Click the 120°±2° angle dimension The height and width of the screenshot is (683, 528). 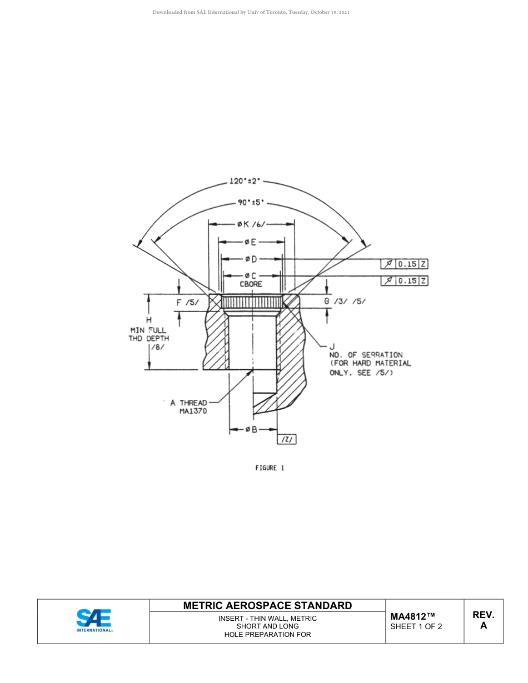coord(245,181)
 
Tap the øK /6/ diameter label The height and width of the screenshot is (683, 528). coord(251,224)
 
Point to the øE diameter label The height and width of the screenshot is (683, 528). coord(250,242)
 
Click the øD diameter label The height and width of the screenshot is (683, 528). coord(251,259)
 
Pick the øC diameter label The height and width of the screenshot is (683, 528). coord(250,276)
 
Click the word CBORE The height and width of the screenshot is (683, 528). coord(251,284)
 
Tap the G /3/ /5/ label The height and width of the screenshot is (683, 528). coord(345,302)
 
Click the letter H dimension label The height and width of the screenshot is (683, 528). coord(148,320)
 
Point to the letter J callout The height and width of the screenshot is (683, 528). coord(332,346)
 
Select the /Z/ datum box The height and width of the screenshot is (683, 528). coord(287,440)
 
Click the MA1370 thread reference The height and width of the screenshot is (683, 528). coord(193,411)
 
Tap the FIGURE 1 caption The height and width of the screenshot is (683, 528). coord(270,468)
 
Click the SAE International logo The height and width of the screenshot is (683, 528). coord(94,621)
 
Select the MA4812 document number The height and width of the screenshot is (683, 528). coord(412,616)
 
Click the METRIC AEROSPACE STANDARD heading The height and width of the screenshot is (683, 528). coord(267,605)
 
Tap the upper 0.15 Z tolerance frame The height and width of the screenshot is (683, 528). coord(404,264)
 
